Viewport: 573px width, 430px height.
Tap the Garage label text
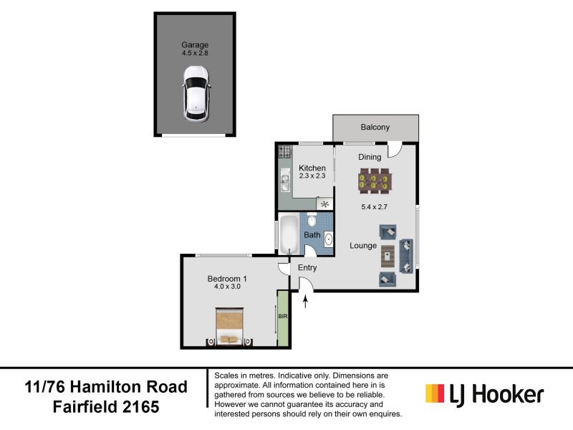click(194, 44)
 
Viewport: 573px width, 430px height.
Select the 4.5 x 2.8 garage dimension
click(194, 53)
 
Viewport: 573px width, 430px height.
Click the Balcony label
click(375, 128)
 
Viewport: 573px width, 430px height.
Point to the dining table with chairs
click(375, 181)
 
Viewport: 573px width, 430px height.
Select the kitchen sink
click(284, 182)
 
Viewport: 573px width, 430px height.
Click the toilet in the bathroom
click(312, 220)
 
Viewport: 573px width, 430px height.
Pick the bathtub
click(289, 234)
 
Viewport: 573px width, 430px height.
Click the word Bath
click(312, 235)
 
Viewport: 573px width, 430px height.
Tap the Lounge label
click(363, 246)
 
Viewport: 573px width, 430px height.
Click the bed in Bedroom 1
click(230, 327)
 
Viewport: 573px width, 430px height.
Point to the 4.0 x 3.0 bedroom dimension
click(226, 287)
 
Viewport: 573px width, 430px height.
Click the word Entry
click(307, 268)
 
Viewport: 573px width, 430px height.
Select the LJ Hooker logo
click(484, 394)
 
